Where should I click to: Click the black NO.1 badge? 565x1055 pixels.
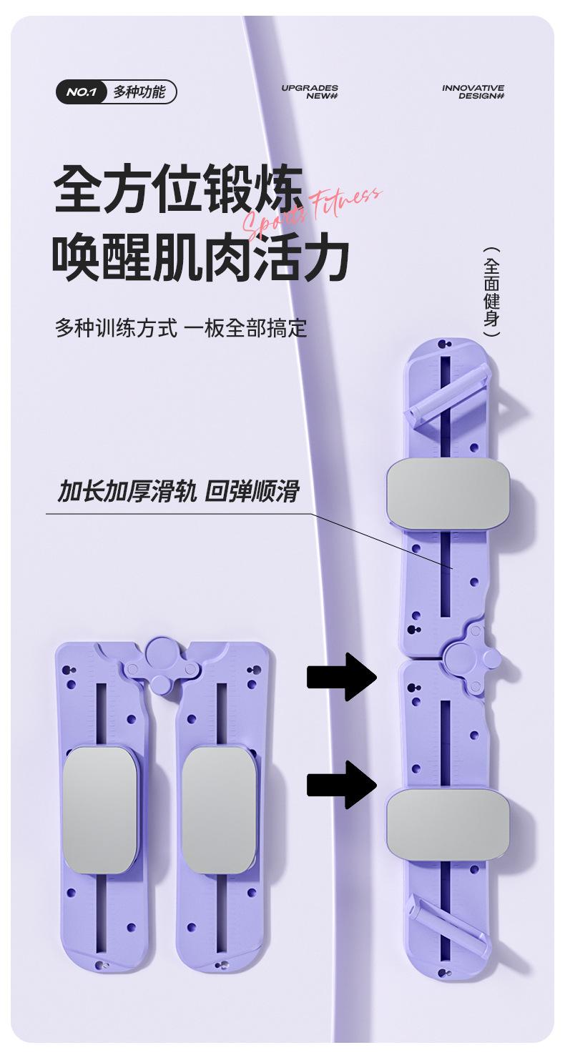click(x=82, y=92)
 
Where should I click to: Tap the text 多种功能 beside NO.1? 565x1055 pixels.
click(x=139, y=92)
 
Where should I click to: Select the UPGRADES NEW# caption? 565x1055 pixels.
click(x=310, y=91)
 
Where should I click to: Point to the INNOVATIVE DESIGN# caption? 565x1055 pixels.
click(x=473, y=91)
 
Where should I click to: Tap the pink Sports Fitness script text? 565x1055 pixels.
click(x=313, y=212)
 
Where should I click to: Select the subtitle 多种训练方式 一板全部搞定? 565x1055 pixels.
click(x=181, y=328)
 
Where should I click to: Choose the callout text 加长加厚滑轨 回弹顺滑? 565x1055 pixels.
click(x=177, y=492)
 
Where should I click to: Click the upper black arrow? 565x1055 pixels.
click(x=342, y=676)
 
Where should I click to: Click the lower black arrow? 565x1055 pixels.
click(x=342, y=784)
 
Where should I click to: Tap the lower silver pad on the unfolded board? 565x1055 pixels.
click(x=448, y=823)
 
